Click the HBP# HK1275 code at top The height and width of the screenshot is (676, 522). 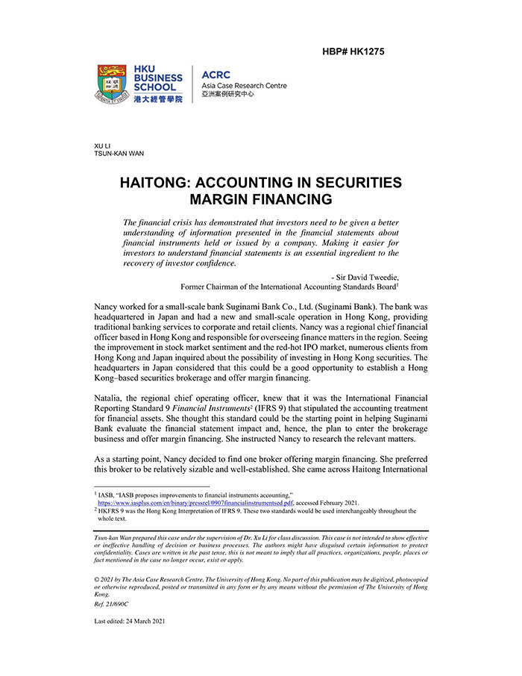tap(353, 51)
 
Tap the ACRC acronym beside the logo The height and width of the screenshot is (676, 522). tap(216, 75)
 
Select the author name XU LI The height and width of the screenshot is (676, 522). tap(102, 145)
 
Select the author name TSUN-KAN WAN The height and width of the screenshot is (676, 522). tap(119, 154)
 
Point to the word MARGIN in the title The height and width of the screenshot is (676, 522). tap(221, 200)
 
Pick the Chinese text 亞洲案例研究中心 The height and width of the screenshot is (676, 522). tap(227, 96)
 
